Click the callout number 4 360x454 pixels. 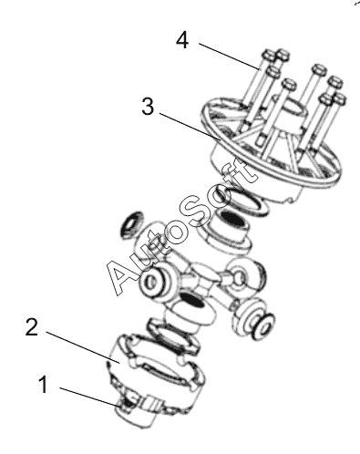coord(182,40)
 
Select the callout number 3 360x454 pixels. coord(148,107)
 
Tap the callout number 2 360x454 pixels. coord(32,327)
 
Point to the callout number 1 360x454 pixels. coord(44,384)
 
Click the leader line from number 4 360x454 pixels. coord(230,57)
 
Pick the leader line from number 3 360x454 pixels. coord(190,127)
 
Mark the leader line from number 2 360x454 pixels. coord(83,346)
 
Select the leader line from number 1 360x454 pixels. coord(91,397)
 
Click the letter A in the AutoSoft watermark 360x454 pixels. coord(121,275)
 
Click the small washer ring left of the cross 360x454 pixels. coord(131,225)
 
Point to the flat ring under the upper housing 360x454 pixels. coord(247,204)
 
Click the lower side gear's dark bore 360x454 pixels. coord(192,301)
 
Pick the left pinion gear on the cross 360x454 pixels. coord(155,280)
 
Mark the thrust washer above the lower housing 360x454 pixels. coord(172,336)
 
